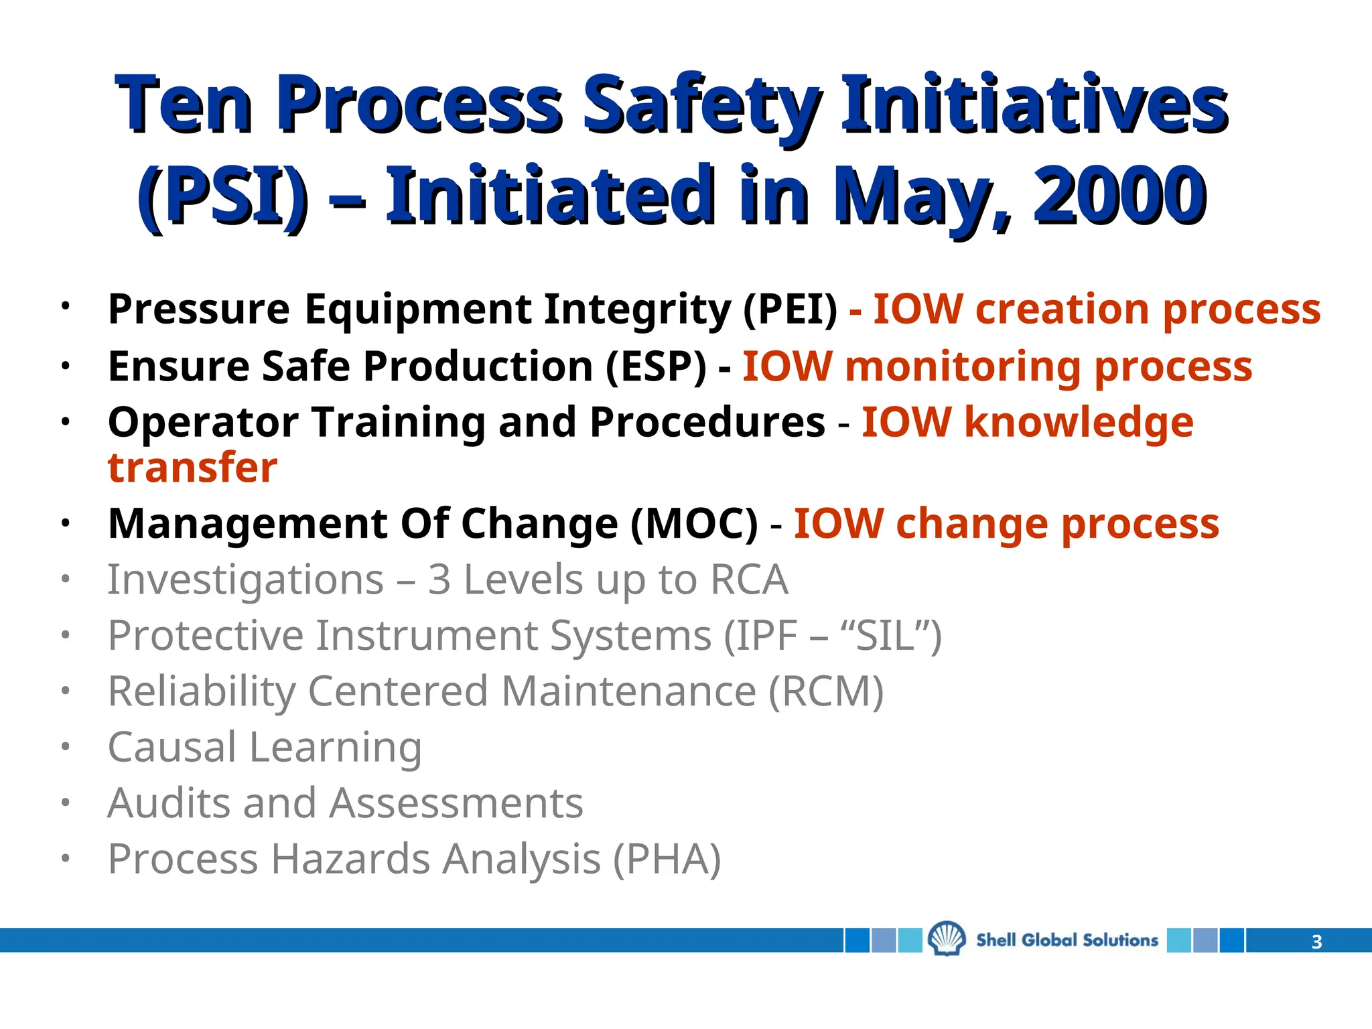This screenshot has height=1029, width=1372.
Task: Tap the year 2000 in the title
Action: coord(1120,196)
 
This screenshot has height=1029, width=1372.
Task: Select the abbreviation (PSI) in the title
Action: coord(223,196)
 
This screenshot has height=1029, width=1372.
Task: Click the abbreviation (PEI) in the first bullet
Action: coord(791,310)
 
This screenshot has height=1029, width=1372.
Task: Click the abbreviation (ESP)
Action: coord(656,367)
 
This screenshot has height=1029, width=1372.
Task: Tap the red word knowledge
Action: coord(1079,423)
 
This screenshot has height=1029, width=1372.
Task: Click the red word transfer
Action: coord(192,468)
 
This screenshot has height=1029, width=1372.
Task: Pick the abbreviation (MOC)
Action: coord(694,524)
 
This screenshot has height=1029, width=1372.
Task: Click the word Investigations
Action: coord(245,580)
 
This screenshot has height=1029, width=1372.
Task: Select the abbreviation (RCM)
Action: coord(826,691)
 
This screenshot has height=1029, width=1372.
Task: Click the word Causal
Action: coord(172,747)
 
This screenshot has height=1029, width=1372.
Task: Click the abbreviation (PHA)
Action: coord(667,859)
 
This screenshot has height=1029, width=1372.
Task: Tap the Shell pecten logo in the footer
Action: coord(947,939)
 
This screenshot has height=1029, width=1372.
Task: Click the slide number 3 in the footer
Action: coord(1316,942)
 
